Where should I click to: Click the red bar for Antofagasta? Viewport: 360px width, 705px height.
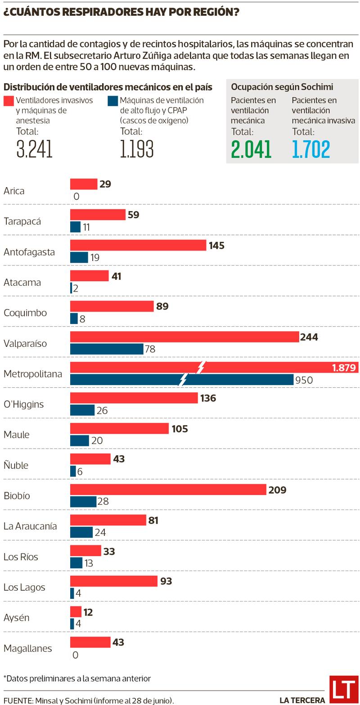pyautogui.click(x=138, y=245)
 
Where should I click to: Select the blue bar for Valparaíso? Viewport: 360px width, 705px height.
pyautogui.click(x=107, y=349)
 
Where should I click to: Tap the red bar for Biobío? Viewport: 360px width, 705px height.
pyautogui.click(x=168, y=489)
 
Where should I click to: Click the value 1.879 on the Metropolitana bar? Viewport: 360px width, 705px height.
pyautogui.click(x=344, y=368)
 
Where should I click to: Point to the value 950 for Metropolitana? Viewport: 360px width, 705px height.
pyautogui.click(x=304, y=380)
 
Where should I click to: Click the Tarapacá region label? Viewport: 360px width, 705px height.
pyautogui.click(x=22, y=221)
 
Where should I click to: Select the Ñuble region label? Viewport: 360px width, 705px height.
pyautogui.click(x=16, y=465)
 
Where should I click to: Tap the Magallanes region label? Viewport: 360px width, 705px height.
pyautogui.click(x=27, y=648)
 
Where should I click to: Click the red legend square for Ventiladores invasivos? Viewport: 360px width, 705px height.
pyautogui.click(x=9, y=100)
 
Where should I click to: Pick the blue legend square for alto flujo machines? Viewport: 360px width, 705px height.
pyautogui.click(x=112, y=100)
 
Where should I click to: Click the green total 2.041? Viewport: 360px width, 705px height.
pyautogui.click(x=251, y=149)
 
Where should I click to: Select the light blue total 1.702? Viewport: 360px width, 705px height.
pyautogui.click(x=311, y=149)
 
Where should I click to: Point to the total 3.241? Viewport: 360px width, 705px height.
pyautogui.click(x=34, y=149)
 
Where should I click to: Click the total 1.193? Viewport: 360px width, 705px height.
pyautogui.click(x=137, y=149)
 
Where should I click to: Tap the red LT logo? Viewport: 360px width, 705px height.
pyautogui.click(x=343, y=689)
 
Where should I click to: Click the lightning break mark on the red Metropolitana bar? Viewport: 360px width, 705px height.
pyautogui.click(x=201, y=367)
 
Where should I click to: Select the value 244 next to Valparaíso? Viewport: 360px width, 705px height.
pyautogui.click(x=309, y=337)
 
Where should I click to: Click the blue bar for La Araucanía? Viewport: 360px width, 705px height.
pyautogui.click(x=81, y=532)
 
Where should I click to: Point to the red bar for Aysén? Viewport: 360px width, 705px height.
pyautogui.click(x=76, y=612)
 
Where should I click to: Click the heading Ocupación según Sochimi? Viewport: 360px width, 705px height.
pyautogui.click(x=282, y=87)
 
